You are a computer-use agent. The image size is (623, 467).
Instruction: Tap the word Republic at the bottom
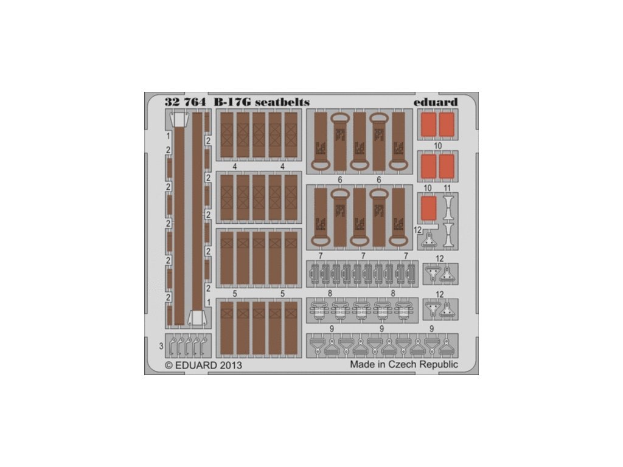[x=438, y=365]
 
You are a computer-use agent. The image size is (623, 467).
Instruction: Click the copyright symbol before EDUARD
[x=169, y=365]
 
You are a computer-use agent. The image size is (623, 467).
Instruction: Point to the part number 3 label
[x=161, y=346]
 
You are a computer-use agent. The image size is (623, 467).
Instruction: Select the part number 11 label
[x=447, y=188]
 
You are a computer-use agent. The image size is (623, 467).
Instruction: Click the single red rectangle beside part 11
[x=429, y=208]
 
